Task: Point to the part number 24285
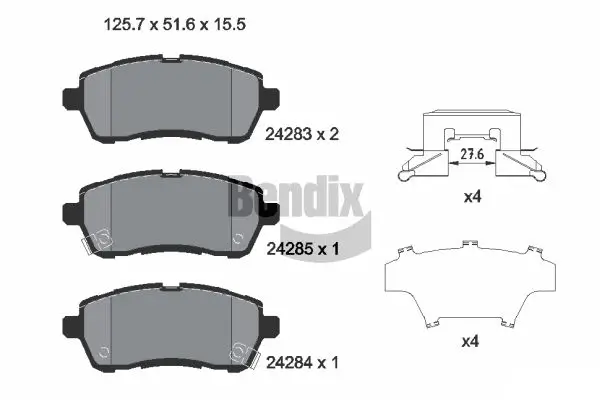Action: pyautogui.click(x=287, y=247)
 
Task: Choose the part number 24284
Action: pyautogui.click(x=287, y=361)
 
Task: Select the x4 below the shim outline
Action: pyautogui.click(x=473, y=341)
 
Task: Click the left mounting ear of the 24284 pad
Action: pyautogui.click(x=71, y=324)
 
